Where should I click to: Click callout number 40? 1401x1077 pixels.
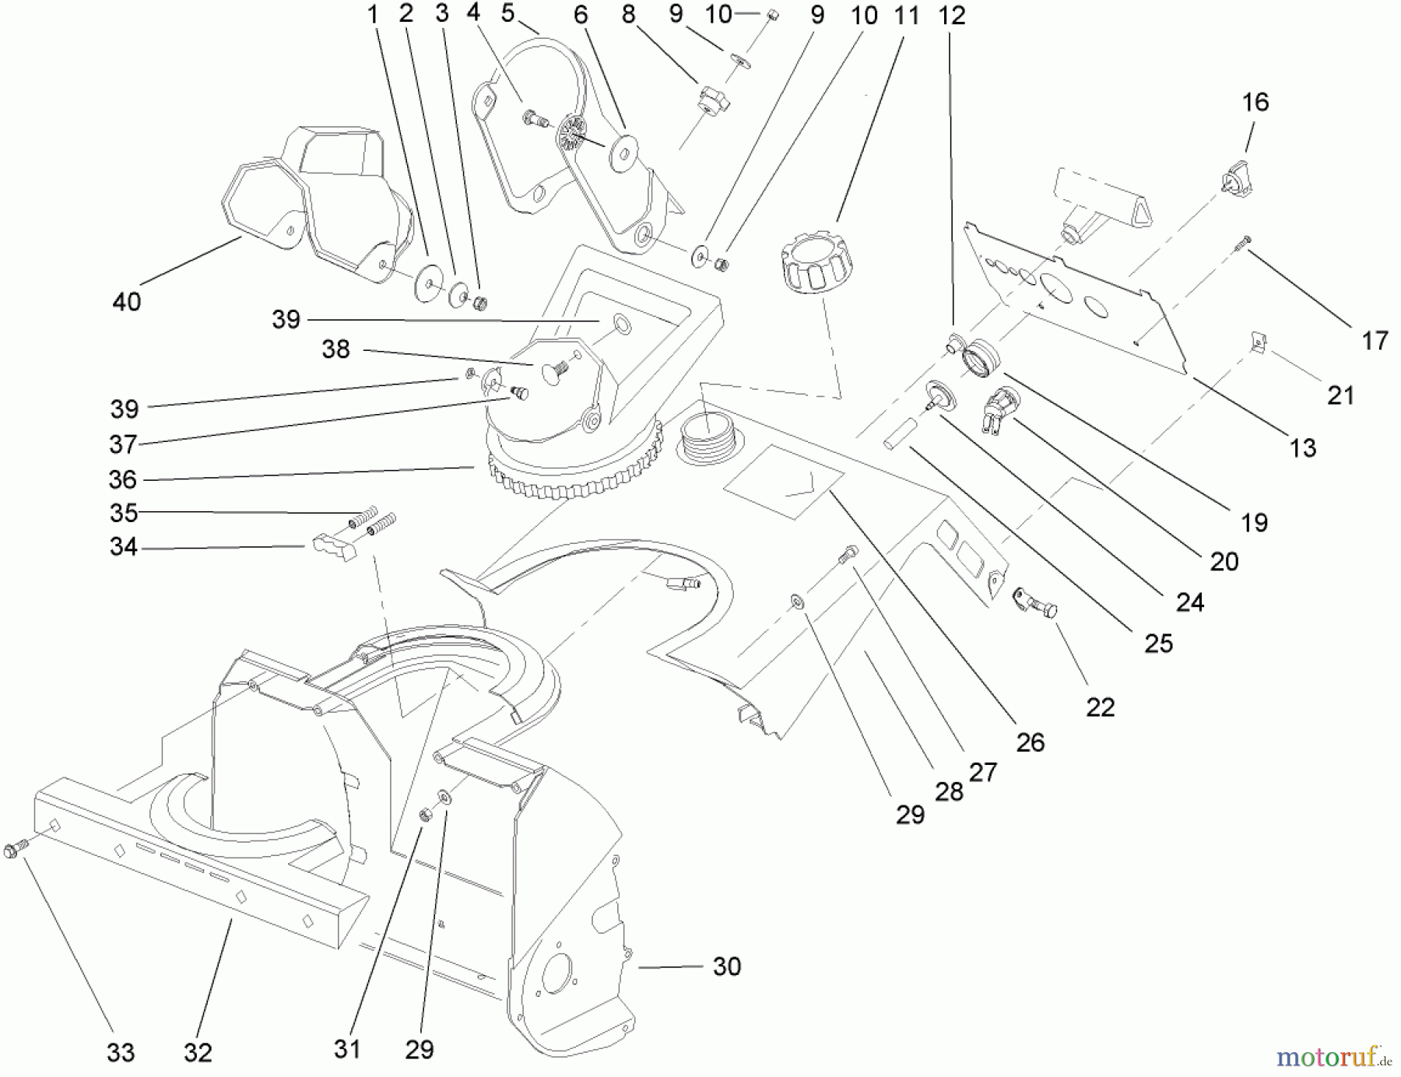tap(127, 301)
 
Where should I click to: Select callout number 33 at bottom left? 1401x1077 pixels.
tap(121, 1052)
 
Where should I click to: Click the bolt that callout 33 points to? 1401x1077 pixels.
tap(14, 851)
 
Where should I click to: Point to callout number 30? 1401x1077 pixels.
tap(726, 966)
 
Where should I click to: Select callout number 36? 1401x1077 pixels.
tap(123, 479)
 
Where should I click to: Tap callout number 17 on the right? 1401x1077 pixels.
tap(1375, 340)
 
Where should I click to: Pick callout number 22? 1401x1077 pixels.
tap(1100, 707)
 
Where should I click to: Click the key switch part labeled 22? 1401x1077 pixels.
tap(1032, 603)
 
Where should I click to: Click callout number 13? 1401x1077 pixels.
tap(1302, 447)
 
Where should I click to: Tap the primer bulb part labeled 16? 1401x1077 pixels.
tap(1235, 177)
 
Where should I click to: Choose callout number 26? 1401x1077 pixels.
tap(1030, 742)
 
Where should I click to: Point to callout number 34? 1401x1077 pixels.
tap(123, 547)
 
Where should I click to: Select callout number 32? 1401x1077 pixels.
tap(198, 1052)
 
